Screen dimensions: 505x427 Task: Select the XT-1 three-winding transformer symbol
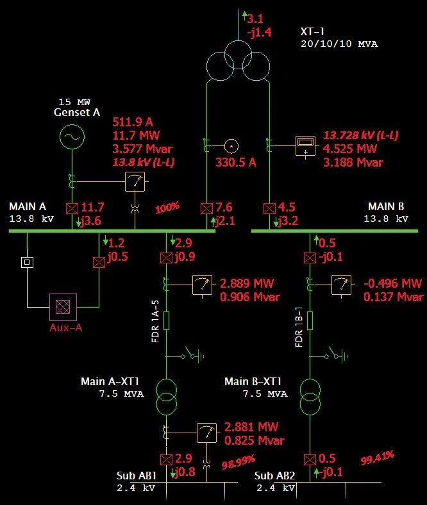coord(238,61)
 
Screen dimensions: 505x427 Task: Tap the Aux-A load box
coord(63,307)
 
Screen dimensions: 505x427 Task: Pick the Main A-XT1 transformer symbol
coord(166,397)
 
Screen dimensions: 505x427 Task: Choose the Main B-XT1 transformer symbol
coord(310,397)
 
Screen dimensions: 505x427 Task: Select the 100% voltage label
coord(167,208)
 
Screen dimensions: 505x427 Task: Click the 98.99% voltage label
coord(238,461)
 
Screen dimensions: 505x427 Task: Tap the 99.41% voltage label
coord(377,458)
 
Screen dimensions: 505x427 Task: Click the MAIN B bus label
coord(385,207)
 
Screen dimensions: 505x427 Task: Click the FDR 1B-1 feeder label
coord(298,331)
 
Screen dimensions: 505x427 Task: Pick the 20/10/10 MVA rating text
coord(339,44)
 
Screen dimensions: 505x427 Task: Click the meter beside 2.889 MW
coord(203,285)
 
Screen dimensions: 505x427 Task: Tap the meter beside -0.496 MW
coord(340,285)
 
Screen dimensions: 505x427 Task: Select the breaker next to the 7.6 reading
coord(206,209)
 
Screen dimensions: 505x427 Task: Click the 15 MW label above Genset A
coord(74,102)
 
